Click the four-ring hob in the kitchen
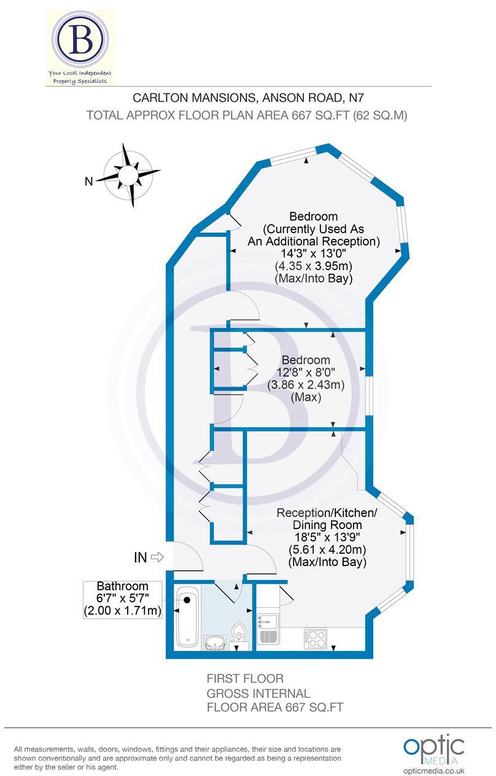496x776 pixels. click(314, 639)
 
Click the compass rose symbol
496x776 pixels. click(128, 176)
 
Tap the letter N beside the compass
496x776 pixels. click(88, 180)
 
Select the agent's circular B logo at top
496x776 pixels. click(81, 40)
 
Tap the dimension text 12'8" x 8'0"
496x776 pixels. click(306, 373)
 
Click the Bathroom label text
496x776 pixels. click(123, 586)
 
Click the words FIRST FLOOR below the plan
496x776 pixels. click(245, 679)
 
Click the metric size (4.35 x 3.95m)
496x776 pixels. click(313, 266)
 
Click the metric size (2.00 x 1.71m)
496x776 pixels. click(123, 611)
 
